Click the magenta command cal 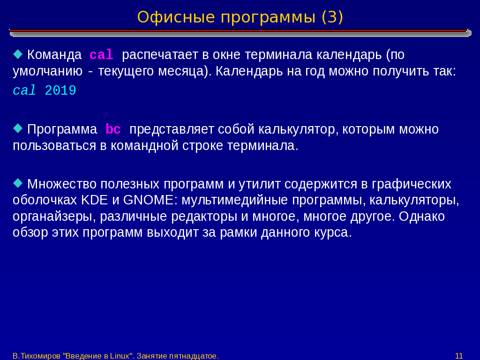point(101,55)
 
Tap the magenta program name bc point(113,129)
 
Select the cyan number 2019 point(60,90)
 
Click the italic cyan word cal point(24,90)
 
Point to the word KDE point(95,200)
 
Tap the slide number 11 point(459,356)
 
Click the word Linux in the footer point(120,356)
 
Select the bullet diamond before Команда point(18,54)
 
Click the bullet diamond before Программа point(18,128)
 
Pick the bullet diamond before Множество point(18,183)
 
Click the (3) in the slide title point(332,17)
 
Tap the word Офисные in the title point(176,17)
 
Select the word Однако point(421,217)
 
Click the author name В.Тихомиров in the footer point(37,356)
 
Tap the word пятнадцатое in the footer point(193,356)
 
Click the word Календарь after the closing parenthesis point(249,71)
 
